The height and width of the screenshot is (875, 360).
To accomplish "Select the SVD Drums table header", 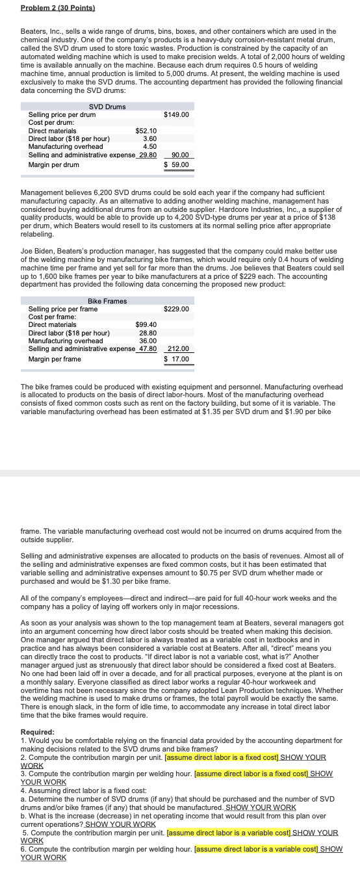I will coord(107,107).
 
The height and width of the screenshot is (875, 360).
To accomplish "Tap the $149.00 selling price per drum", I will coord(176,114).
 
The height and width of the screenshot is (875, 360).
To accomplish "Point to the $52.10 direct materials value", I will coord(146,131).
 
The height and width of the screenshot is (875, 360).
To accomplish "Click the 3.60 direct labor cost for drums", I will coord(149,138).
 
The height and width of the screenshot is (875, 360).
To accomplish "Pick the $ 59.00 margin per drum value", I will coord(176,164).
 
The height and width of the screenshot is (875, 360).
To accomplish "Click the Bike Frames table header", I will coord(107,301).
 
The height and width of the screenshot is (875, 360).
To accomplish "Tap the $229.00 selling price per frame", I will coord(176,309).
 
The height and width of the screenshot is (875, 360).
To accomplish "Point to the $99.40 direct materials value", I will coord(146,324).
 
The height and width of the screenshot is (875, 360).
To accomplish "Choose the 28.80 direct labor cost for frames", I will coord(148,332).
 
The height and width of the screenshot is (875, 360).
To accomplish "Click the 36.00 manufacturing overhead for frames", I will coord(148,340).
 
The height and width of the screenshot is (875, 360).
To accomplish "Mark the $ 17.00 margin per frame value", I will coord(176,359).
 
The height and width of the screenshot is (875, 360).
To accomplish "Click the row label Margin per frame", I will coord(55,359).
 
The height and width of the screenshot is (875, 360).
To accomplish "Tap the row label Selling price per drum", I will coord(62,114).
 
